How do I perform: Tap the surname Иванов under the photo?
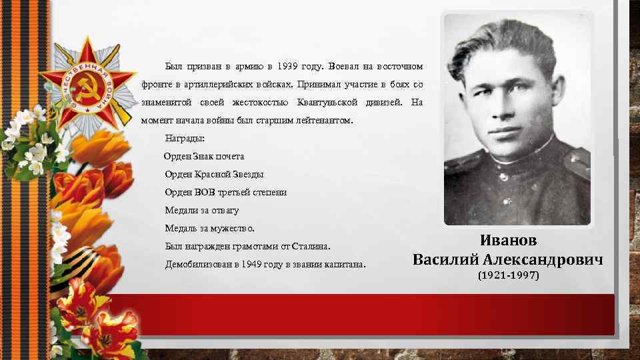coord(508,241)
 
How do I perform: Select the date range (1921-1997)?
coord(508,275)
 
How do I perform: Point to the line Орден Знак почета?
coord(204,157)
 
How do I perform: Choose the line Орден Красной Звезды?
coord(214,175)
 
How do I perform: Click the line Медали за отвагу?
coord(201,211)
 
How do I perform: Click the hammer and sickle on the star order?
coord(84,89)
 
